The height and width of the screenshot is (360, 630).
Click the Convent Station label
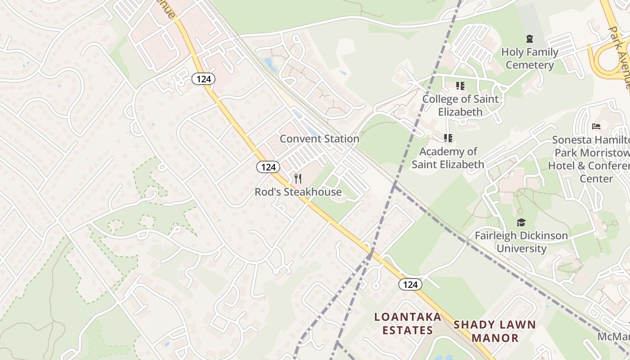click(319, 139)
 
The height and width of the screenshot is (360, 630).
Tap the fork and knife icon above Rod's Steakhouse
click(298, 179)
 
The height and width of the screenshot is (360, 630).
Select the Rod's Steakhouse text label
click(298, 192)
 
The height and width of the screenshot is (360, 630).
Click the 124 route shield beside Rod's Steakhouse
click(268, 167)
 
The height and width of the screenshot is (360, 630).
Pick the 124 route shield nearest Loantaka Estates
click(410, 284)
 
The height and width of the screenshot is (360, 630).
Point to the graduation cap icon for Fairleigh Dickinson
click(521, 222)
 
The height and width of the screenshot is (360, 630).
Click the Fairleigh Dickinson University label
click(521, 242)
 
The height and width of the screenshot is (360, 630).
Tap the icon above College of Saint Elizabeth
click(460, 85)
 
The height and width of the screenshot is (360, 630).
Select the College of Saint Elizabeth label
click(460, 105)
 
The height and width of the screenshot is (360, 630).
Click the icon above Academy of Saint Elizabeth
click(448, 138)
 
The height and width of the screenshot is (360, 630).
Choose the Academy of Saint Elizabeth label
click(448, 158)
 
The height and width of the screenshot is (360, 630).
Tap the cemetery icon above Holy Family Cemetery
click(530, 39)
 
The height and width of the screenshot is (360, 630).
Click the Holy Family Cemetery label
click(530, 58)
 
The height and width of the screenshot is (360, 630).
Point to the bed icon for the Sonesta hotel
click(596, 126)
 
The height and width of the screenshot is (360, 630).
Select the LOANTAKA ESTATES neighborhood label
click(408, 324)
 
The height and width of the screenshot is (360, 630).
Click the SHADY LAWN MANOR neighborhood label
click(495, 331)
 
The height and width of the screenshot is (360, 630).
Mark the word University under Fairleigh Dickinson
click(521, 248)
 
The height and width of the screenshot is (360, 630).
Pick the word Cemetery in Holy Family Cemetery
click(530, 65)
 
